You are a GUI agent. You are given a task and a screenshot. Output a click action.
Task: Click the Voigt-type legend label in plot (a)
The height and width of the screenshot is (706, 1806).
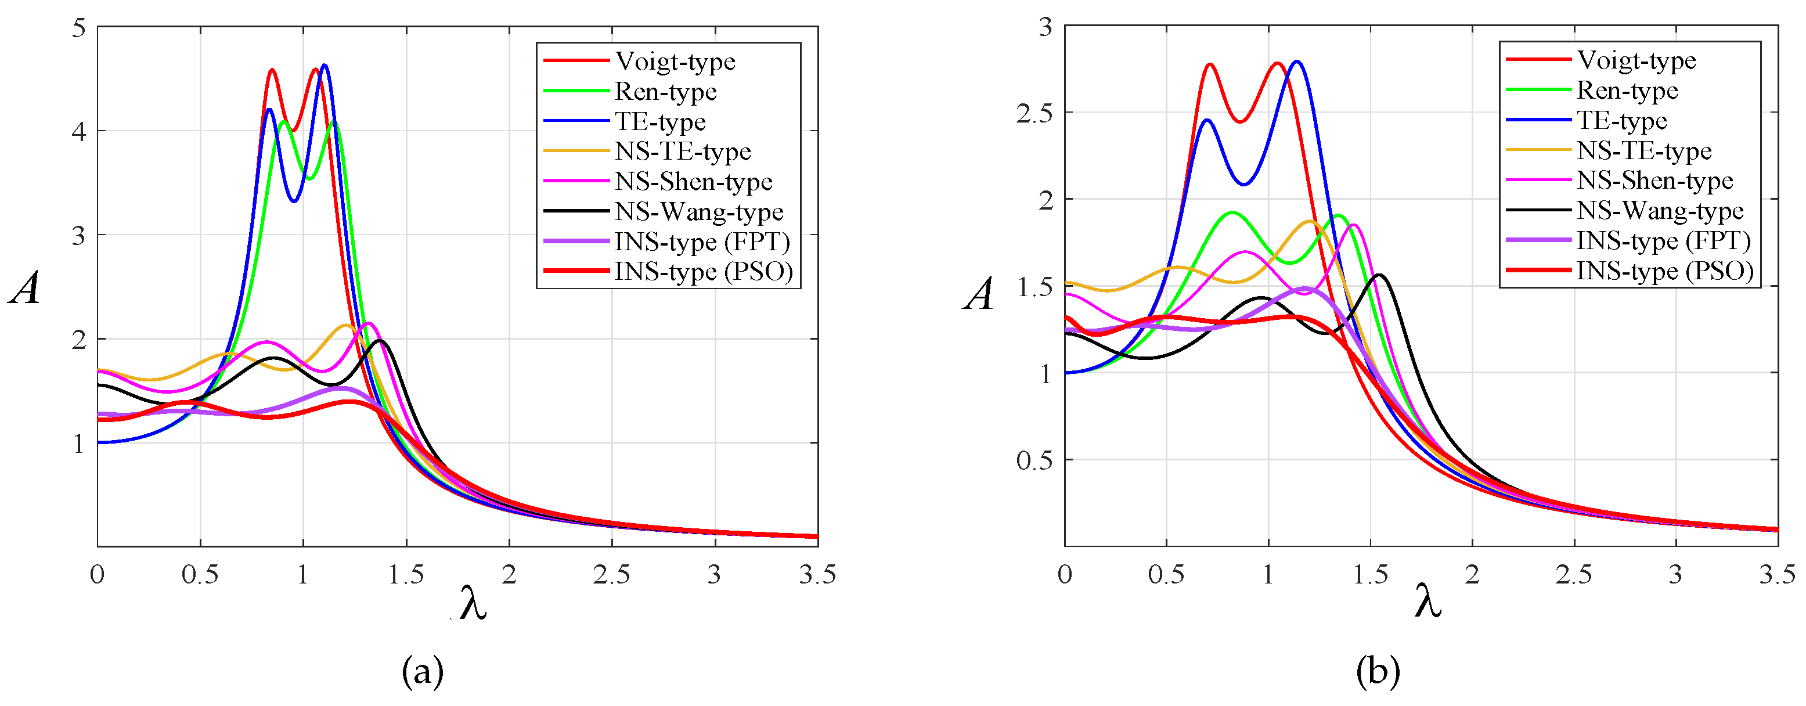tap(675, 62)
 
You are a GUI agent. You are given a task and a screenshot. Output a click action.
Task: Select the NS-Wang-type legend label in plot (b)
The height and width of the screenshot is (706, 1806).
tap(1660, 210)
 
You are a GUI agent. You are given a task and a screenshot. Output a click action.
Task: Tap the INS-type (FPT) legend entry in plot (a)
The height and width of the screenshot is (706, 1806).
tap(702, 242)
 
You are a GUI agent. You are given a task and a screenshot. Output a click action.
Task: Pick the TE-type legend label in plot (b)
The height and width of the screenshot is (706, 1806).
tap(1621, 121)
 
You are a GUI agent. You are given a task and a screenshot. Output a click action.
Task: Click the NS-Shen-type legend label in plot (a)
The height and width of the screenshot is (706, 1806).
tap(693, 182)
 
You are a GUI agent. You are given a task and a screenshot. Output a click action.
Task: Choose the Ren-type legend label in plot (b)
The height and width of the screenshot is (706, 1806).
tap(1627, 91)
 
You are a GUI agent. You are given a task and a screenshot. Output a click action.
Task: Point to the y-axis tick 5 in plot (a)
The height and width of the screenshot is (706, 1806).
tap(78, 28)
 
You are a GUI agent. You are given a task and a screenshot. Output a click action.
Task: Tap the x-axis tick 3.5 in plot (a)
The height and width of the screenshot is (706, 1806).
tap(817, 575)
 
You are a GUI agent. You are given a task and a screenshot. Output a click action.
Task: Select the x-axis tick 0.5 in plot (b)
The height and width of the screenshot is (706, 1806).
tap(1166, 575)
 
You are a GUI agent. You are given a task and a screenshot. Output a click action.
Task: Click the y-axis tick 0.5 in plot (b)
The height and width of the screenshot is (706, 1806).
tap(1034, 460)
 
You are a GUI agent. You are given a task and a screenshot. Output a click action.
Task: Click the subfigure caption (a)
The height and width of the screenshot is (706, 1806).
tap(423, 672)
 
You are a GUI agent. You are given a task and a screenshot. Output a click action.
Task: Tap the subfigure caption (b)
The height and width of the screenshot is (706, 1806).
tap(1378, 672)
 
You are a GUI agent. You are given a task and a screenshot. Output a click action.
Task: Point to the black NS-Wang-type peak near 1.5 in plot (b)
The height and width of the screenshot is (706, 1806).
tap(1379, 275)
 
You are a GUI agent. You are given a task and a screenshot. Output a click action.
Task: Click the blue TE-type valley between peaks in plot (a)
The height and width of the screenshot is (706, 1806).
tap(294, 201)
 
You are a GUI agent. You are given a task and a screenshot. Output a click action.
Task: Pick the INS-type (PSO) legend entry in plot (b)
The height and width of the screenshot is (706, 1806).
tap(1664, 271)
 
